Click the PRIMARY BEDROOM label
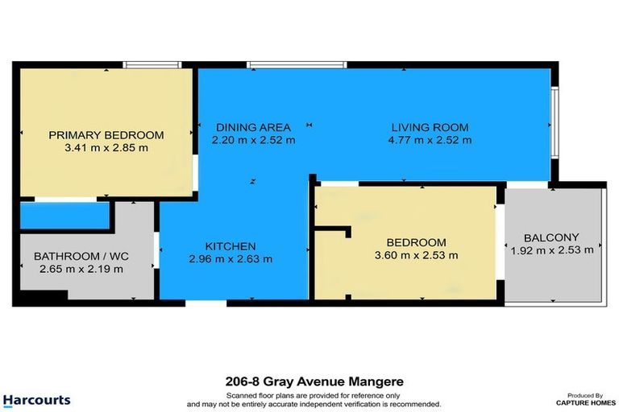point(106,135)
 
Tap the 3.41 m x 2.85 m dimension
point(106,148)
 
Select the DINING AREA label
point(253,127)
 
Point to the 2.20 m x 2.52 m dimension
point(253,140)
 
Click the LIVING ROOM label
point(430,127)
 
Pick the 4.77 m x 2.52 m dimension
point(430,140)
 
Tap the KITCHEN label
point(231,246)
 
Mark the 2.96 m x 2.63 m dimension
point(231,259)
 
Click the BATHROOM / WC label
point(81,257)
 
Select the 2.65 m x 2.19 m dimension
point(81,270)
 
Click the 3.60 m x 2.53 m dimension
point(416,256)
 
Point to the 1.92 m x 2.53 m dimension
point(551,250)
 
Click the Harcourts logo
point(36,400)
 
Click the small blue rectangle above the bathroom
point(64,216)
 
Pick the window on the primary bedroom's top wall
point(152,64)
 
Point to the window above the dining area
point(297,64)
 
